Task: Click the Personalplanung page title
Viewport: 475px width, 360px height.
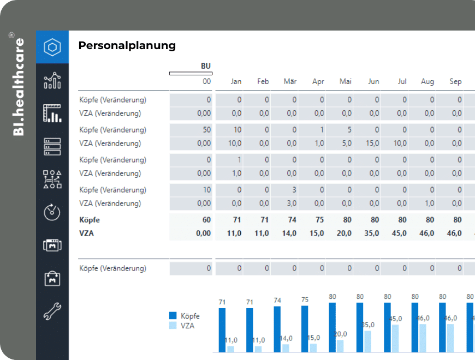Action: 127,45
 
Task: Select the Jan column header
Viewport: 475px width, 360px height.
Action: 236,81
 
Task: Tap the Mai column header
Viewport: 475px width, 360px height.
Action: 346,81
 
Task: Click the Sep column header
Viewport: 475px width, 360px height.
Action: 455,81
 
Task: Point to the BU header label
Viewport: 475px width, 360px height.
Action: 206,66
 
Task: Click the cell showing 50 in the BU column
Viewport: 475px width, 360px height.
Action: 206,130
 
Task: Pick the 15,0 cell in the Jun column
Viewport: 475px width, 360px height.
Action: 372,143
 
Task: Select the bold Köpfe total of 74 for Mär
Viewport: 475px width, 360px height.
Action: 292,220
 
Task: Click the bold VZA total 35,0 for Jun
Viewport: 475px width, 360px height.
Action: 371,233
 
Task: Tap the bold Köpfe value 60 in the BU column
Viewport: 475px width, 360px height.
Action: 206,220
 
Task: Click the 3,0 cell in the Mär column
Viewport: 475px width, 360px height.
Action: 292,203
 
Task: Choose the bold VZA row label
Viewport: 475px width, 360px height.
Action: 86,233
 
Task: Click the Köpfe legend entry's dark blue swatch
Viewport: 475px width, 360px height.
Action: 173,315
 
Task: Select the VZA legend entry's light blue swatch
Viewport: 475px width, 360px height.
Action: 173,326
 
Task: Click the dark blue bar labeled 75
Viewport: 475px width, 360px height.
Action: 305,329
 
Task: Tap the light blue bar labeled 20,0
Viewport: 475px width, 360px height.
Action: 340,346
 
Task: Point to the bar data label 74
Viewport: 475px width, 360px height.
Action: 277,301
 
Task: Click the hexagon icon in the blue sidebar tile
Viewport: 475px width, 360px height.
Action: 52,47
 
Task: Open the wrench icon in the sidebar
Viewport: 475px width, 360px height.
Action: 52,311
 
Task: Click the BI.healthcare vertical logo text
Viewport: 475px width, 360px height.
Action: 18,87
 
